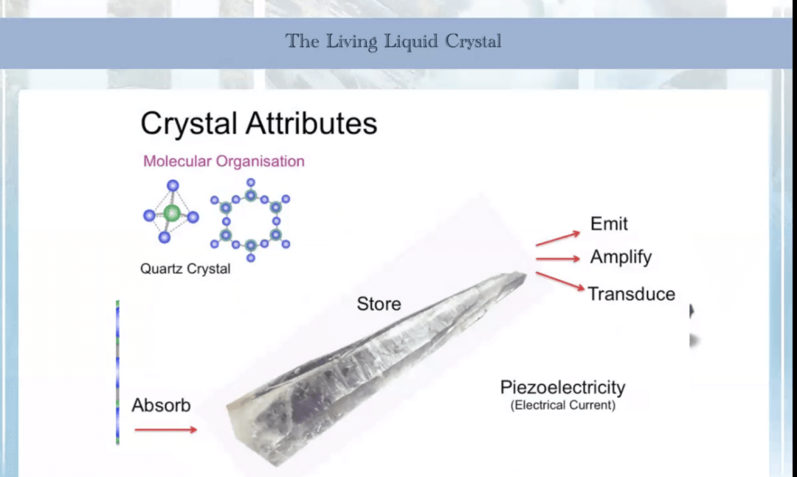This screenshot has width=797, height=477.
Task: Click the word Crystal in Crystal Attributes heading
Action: pos(189,124)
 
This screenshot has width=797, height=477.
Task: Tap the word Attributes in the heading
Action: pos(311,123)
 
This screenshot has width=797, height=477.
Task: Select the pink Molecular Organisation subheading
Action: pos(224,161)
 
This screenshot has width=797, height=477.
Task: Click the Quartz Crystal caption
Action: pos(185,268)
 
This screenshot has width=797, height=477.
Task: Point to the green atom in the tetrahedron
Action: pos(172,213)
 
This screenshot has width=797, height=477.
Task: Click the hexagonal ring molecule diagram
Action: pos(250,220)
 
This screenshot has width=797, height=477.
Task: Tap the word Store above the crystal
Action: pos(379,304)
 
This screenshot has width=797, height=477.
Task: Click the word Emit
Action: pos(609,223)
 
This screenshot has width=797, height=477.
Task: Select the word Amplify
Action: pos(621,257)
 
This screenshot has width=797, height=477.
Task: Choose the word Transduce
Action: pos(631,293)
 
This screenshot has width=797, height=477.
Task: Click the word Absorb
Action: pos(161,405)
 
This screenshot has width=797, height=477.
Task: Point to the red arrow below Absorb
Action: pos(166,430)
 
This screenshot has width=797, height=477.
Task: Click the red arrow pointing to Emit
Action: pos(558,239)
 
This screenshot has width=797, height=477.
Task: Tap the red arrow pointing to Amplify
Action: pos(558,259)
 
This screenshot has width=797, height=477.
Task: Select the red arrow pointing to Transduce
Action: pos(559,282)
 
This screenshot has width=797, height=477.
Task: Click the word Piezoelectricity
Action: pos(562,387)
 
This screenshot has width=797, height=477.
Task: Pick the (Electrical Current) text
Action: pos(562,405)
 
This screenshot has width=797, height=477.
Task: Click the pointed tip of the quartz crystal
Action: pos(525,274)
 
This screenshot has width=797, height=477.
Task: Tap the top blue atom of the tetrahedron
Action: pos(173,185)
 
